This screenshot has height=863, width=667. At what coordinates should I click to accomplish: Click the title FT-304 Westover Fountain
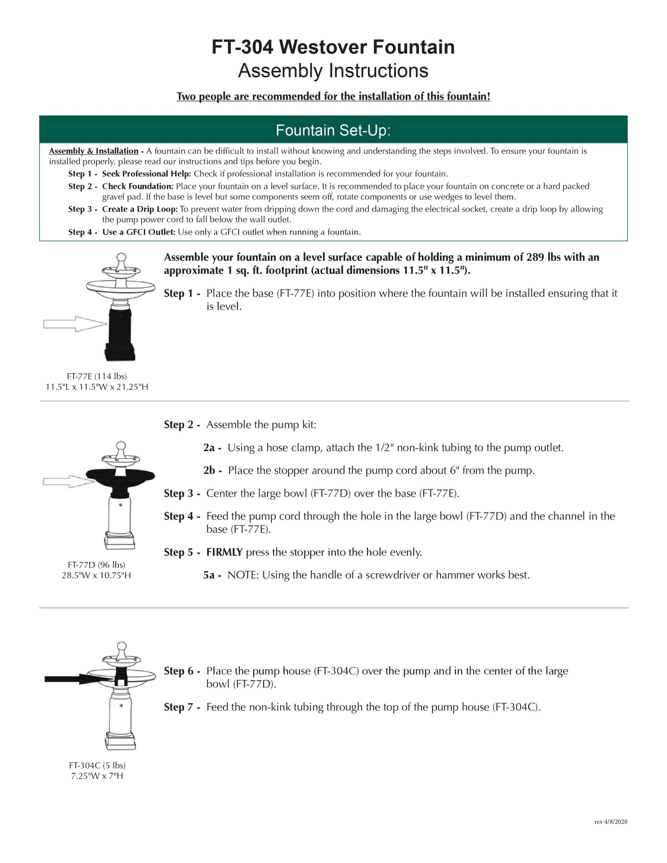pos(333,47)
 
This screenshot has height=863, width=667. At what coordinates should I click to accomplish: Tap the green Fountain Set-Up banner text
pos(333,130)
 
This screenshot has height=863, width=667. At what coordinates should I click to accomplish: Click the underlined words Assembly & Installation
pos(94,151)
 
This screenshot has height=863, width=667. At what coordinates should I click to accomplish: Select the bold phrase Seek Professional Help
pos(146,174)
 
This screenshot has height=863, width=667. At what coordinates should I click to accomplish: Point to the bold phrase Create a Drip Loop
pos(140,209)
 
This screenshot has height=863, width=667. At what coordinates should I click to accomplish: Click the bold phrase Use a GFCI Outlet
pos(139,232)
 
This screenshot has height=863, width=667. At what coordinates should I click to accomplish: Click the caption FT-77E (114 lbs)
pos(97,376)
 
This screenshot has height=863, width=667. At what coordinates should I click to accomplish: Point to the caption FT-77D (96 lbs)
pos(96,565)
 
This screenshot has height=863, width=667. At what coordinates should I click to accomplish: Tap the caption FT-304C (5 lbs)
pos(97,766)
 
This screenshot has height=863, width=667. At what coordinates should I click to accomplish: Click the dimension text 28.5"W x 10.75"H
pos(96,575)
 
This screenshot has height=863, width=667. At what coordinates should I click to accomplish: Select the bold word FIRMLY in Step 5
pos(224,552)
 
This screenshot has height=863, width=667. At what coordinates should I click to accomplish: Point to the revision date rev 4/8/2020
pos(610,822)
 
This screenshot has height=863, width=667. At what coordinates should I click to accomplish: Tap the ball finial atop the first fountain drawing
pos(121,258)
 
